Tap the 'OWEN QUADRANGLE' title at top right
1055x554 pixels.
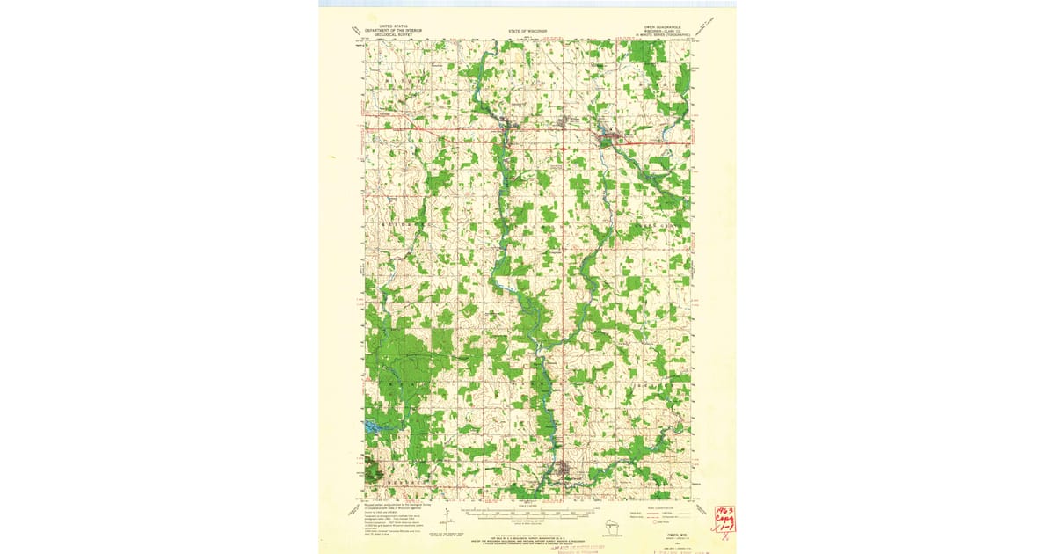point(659,26)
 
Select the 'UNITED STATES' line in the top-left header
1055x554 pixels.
point(382,26)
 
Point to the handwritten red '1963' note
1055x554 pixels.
point(725,512)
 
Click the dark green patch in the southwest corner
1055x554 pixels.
point(373,472)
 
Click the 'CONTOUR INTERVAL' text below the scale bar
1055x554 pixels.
point(527,521)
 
